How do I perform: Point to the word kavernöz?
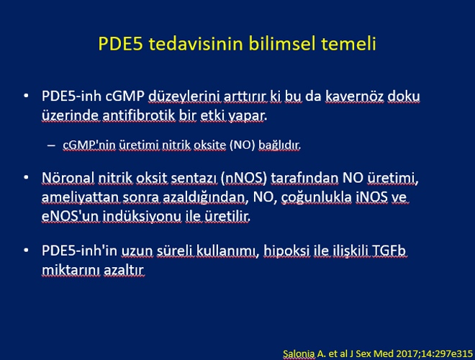(x=354, y=96)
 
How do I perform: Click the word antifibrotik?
(x=139, y=115)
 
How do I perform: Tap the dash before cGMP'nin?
(x=51, y=145)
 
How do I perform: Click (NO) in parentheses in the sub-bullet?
(x=242, y=145)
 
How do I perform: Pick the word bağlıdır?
(x=279, y=145)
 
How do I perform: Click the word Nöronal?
(x=68, y=178)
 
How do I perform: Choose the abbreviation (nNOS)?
(x=244, y=178)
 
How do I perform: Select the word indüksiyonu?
(x=142, y=217)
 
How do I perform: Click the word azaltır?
(x=124, y=270)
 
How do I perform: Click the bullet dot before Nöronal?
(x=26, y=178)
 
